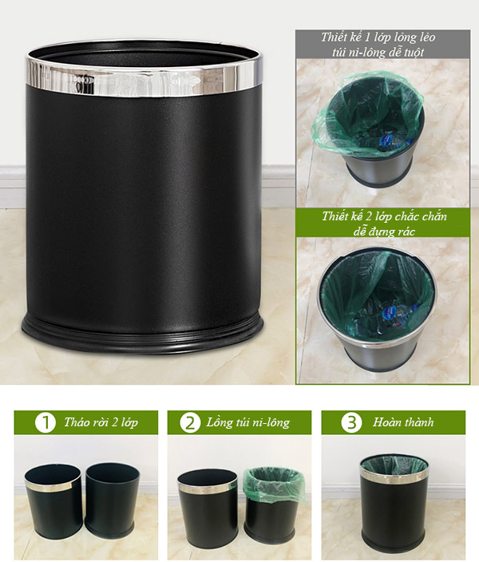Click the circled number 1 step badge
46,422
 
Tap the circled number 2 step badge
190,422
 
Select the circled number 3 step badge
351,422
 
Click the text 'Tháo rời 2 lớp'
101,422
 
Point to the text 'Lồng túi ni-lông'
247,422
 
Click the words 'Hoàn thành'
403,422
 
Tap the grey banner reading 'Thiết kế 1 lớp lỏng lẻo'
382,44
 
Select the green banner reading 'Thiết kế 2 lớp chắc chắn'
382,223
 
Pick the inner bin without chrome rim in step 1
112,501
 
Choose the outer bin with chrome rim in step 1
53,502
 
